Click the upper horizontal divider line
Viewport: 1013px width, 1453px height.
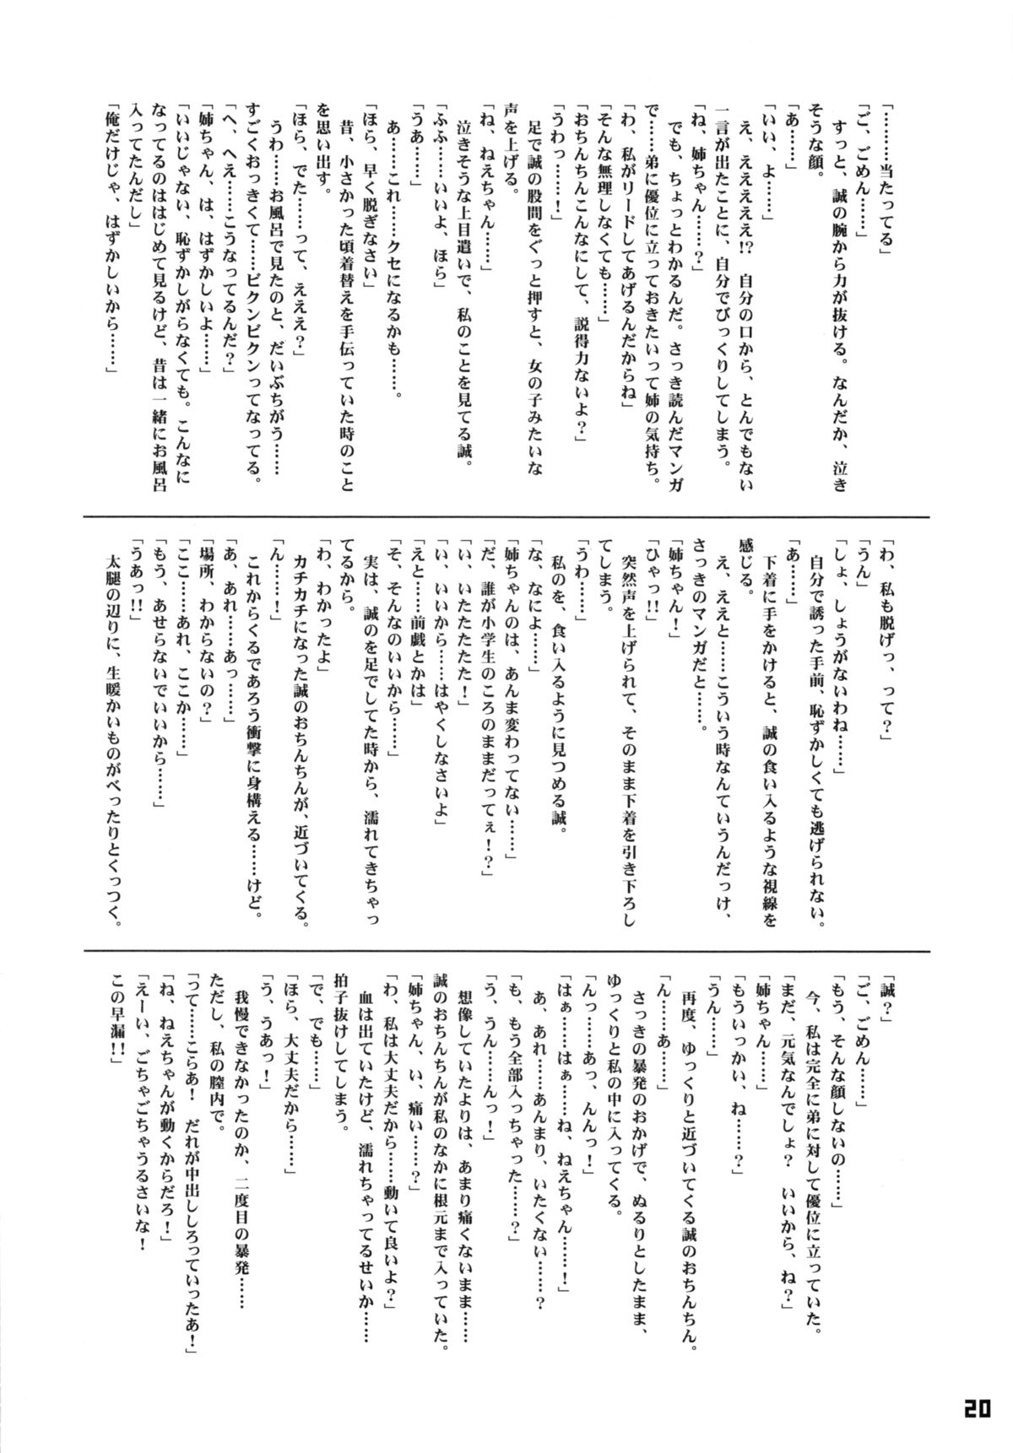click(x=506, y=518)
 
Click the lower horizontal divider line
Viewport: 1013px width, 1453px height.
click(x=506, y=951)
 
